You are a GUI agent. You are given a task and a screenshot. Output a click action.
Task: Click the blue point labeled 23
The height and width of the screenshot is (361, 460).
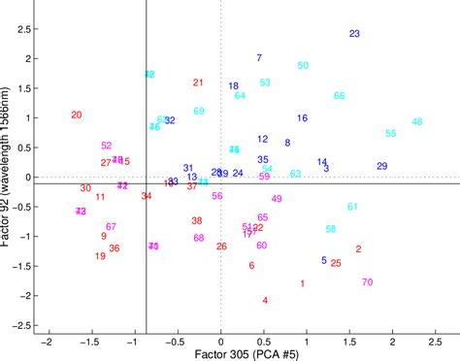tap(354, 34)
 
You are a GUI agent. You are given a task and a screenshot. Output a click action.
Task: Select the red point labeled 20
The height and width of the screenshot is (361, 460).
tap(77, 115)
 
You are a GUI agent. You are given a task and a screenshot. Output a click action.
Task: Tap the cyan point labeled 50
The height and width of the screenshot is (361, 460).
tap(303, 65)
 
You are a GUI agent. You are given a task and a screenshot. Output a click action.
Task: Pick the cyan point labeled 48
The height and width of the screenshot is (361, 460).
tap(417, 122)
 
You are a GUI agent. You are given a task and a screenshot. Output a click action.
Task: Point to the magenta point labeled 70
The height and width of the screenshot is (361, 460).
tap(367, 282)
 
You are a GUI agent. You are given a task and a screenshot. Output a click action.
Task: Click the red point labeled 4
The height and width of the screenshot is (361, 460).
tap(265, 300)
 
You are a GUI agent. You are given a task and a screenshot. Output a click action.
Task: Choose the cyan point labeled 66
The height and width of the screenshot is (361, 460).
tap(340, 96)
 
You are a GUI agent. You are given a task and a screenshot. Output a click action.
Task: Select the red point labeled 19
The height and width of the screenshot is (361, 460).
tap(100, 256)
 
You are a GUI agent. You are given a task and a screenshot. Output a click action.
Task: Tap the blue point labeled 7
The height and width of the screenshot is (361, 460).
tap(259, 57)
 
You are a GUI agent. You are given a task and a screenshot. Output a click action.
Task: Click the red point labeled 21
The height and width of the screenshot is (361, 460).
tap(198, 82)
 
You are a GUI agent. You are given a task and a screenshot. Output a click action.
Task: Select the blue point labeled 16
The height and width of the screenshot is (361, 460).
tap(303, 118)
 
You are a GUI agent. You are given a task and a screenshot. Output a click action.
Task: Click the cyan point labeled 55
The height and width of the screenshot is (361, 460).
tap(390, 133)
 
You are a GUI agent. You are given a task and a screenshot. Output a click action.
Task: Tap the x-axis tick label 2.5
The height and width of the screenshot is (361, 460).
tap(437, 342)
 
